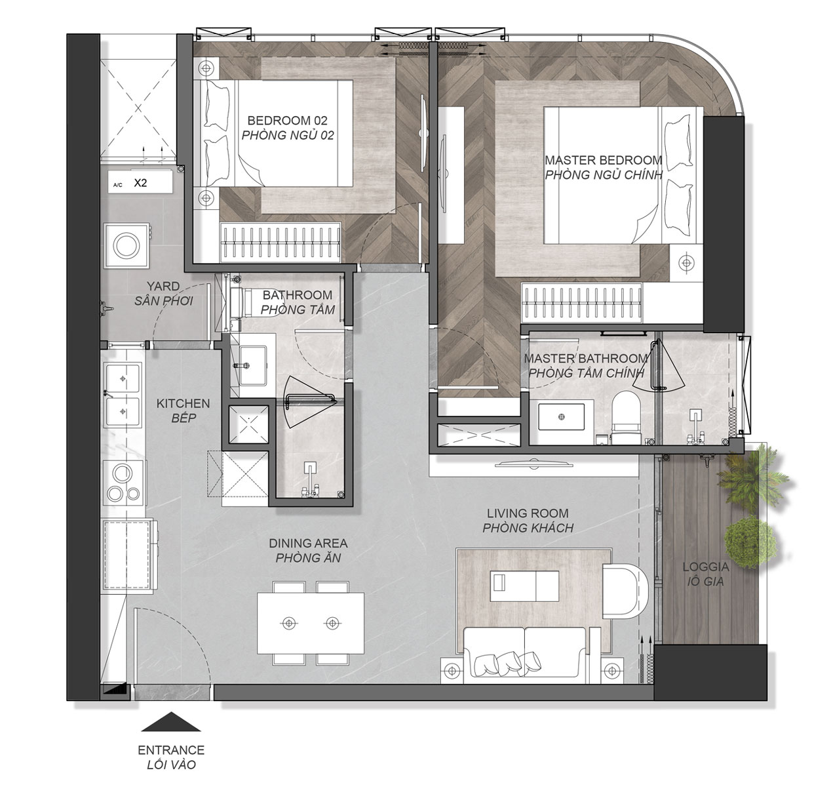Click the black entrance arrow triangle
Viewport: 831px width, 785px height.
pos(170,722)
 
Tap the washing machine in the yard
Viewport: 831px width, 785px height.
pos(126,245)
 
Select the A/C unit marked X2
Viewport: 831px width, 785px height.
pos(140,182)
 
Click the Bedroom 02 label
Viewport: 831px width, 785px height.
pos(288,128)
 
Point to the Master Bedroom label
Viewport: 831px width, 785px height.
pos(604,167)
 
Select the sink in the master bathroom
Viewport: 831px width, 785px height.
pos(561,417)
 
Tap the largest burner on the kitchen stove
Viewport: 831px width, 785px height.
pos(122,473)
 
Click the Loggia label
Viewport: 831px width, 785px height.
pos(705,574)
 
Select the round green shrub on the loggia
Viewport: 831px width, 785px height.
pos(750,542)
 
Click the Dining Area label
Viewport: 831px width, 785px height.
pos(308,550)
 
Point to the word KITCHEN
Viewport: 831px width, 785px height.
pos(184,403)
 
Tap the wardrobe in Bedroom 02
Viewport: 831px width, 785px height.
pos(280,243)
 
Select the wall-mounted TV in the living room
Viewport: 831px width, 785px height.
pos(533,464)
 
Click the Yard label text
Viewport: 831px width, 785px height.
pos(163,293)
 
